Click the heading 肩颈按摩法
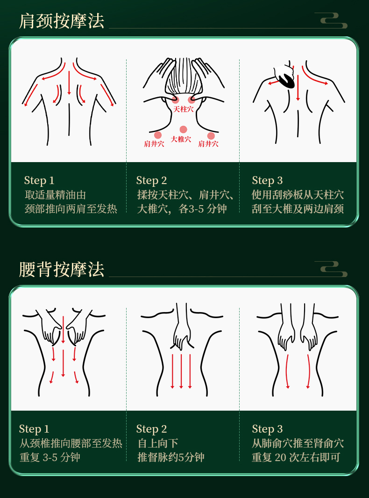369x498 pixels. (x=62, y=21)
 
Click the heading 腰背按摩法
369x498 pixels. (x=62, y=270)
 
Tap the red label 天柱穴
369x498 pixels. (x=183, y=109)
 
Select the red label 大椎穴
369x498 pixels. (x=181, y=139)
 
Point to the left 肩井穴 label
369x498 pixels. (x=154, y=144)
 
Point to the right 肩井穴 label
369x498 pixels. (x=208, y=144)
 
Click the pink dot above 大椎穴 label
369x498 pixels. (x=183, y=129)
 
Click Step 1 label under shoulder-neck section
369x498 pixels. (x=39, y=180)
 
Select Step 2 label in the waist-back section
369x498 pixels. (x=151, y=429)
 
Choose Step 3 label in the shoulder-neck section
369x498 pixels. (x=267, y=180)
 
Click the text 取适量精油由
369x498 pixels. (x=55, y=195)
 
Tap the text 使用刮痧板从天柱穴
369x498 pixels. (x=298, y=195)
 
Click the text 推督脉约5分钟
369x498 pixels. (x=171, y=457)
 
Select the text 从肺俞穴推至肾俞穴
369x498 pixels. (x=298, y=443)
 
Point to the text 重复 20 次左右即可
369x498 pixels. (x=296, y=457)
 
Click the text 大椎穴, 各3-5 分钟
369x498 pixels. (x=182, y=209)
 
